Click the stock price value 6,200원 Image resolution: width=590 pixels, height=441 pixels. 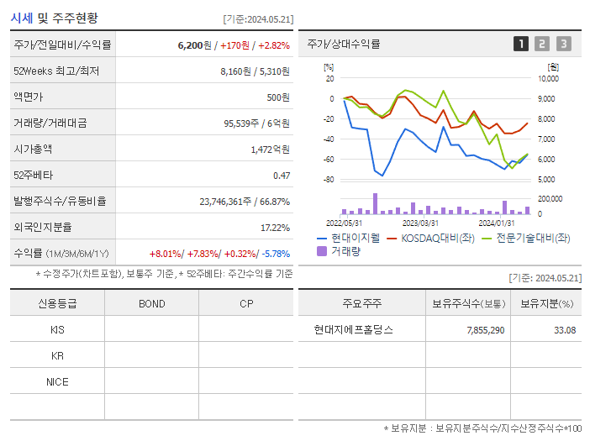coord(194,45)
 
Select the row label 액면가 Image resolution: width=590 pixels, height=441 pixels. coord(29,97)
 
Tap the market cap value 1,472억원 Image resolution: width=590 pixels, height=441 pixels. coord(270,150)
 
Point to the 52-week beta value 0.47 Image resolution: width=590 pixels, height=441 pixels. coord(281,176)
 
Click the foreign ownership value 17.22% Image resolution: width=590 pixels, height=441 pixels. coord(275,228)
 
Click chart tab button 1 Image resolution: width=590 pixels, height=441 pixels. coord(521,45)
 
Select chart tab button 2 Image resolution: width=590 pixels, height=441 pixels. coord(542,45)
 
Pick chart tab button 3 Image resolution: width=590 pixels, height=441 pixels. coord(563,45)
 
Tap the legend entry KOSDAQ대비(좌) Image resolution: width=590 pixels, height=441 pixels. coord(436,239)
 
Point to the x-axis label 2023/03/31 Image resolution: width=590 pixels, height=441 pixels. coord(420,223)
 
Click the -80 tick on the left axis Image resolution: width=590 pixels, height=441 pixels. coord(329,180)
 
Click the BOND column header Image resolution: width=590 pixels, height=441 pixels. coord(151,304)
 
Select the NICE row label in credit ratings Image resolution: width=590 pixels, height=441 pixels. coord(57,382)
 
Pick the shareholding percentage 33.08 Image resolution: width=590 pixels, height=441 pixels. coord(565,330)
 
